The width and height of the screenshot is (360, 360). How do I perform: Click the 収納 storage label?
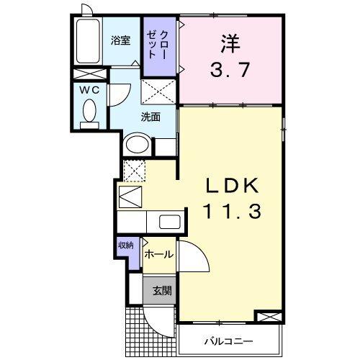click(x=126, y=246)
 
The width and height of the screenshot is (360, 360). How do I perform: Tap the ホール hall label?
click(x=158, y=255)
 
